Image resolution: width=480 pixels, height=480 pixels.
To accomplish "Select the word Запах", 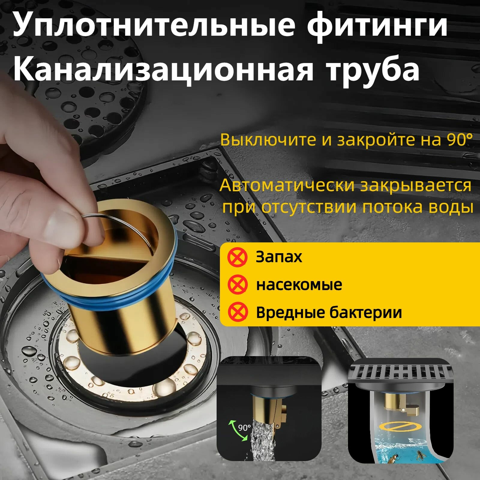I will click(x=279, y=257).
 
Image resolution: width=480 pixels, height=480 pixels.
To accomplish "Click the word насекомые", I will click(x=299, y=285).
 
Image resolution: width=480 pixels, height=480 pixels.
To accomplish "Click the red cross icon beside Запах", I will click(x=237, y=257).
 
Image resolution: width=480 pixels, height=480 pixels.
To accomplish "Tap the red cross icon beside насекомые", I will click(x=237, y=285).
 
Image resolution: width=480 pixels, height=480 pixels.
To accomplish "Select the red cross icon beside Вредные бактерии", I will click(x=237, y=312).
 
